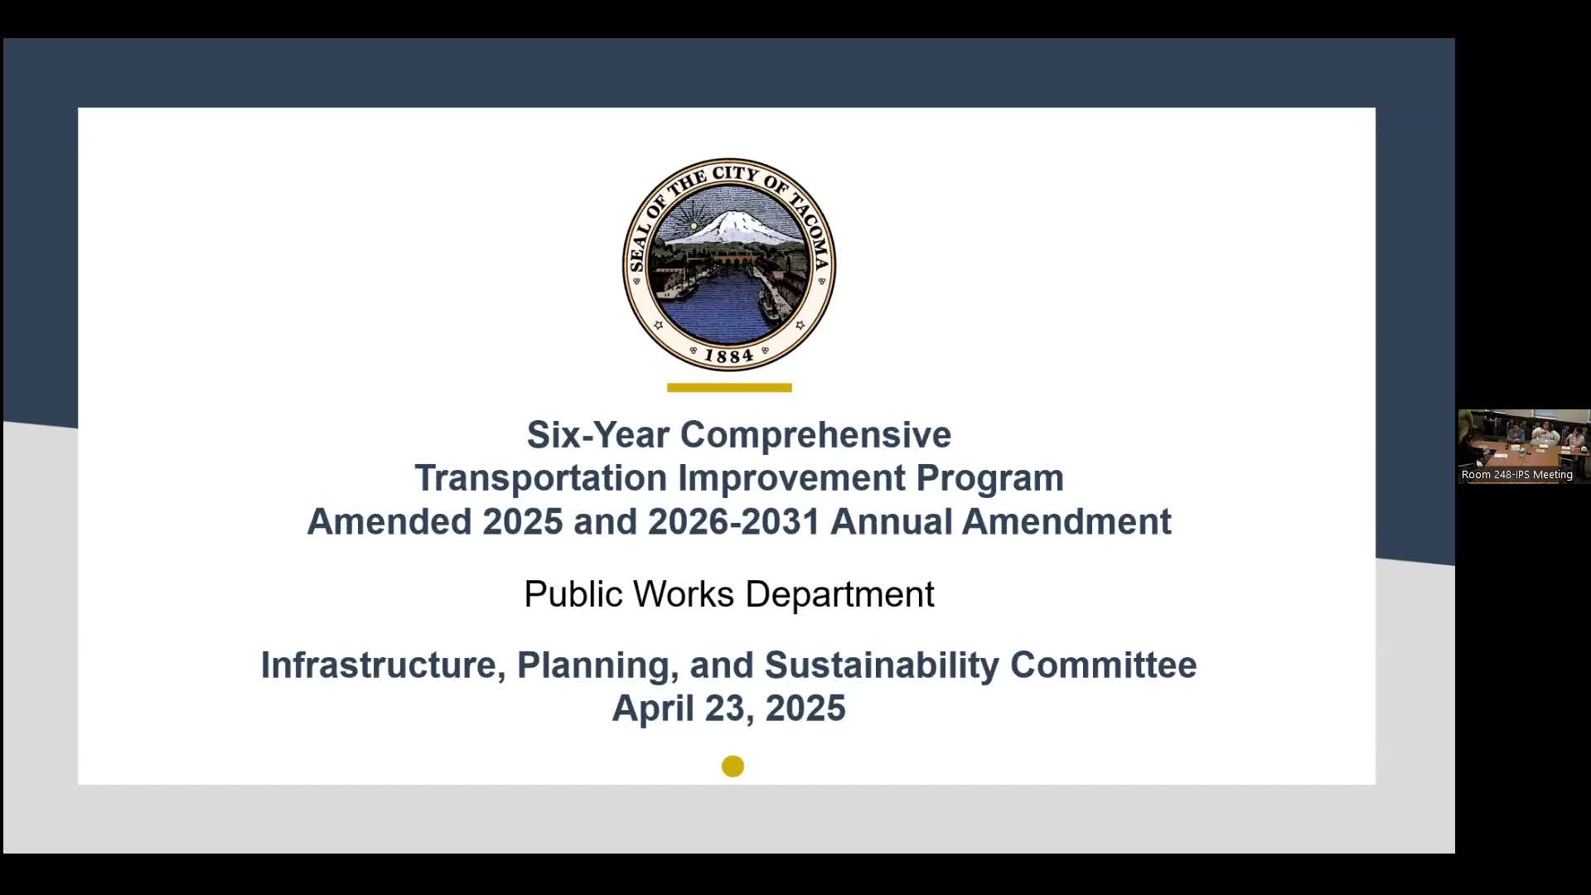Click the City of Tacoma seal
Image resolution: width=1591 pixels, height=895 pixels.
729,264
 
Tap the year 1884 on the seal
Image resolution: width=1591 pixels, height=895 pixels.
729,356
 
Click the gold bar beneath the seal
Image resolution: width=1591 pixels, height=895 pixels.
729,387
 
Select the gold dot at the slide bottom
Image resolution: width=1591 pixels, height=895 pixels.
733,767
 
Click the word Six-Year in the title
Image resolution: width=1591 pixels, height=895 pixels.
597,434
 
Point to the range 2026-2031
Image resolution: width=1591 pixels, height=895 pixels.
733,522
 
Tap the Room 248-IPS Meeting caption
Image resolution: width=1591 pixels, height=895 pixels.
1517,475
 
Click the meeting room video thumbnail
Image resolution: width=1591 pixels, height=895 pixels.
1524,446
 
